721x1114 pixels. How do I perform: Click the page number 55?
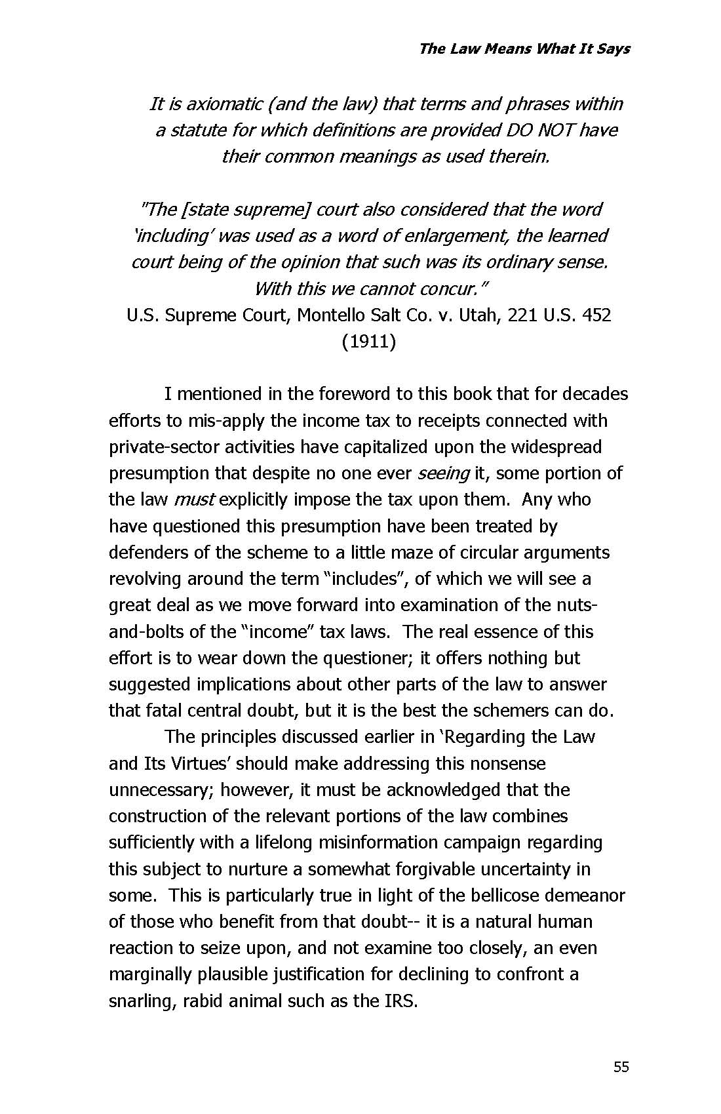pos(621,1067)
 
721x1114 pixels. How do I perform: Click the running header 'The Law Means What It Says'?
pos(524,49)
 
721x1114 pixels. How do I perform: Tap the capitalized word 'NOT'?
pos(556,130)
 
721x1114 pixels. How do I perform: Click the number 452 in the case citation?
pos(594,315)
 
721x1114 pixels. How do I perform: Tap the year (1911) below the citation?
pos(368,342)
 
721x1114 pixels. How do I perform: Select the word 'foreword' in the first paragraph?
pos(354,394)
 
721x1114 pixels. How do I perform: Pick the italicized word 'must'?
pos(194,500)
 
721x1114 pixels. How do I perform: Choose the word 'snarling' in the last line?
pos(140,1001)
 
